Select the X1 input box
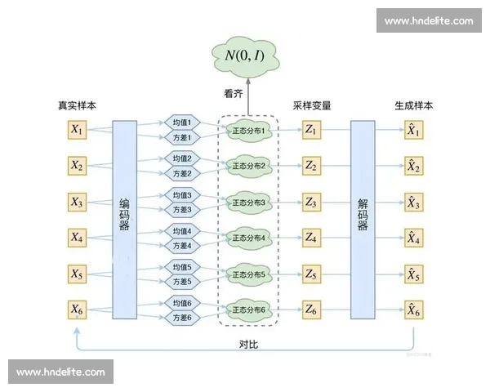tap(77, 129)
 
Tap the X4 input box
tap(77, 238)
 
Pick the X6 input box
tap(77, 310)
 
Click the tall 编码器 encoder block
tap(125, 219)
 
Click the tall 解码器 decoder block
tap(363, 219)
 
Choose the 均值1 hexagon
tap(181, 122)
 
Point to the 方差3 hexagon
tap(181, 210)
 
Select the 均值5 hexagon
tap(181, 267)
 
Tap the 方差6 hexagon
tap(181, 318)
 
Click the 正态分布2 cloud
tap(249, 166)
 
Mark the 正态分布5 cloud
tap(249, 274)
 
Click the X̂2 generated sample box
tap(413, 166)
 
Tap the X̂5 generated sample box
tap(413, 274)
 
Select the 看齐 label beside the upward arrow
tap(234, 94)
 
